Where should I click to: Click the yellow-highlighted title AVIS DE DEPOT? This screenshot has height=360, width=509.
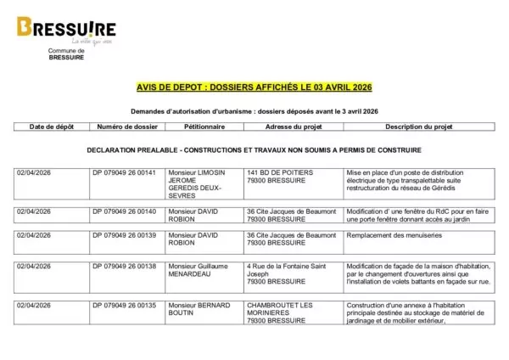point(254,87)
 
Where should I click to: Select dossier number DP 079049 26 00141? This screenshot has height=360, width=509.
point(125,172)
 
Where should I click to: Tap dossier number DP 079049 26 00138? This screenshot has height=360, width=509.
point(125,267)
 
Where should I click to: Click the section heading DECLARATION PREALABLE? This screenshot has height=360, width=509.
point(254,149)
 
